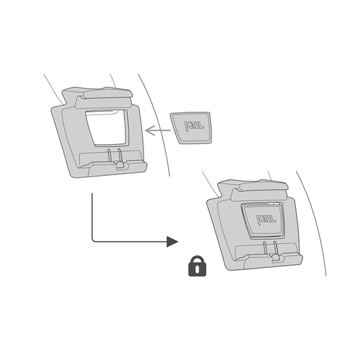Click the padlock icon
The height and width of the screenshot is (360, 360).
point(198,266)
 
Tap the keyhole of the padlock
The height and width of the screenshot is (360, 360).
point(198,269)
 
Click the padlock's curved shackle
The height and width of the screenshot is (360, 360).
point(198,258)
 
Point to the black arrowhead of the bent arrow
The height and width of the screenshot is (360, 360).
point(172,241)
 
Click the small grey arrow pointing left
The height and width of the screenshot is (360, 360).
point(157,130)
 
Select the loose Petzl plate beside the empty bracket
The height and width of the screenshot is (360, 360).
point(191,128)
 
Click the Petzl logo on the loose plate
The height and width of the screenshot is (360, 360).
point(194,126)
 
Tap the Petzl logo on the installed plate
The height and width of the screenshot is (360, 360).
point(266,219)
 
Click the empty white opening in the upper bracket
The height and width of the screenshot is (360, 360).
point(107,128)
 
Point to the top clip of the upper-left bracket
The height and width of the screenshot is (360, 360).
point(104,98)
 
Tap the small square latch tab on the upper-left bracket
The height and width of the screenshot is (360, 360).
point(120,165)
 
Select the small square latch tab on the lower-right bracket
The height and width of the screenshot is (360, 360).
point(276,258)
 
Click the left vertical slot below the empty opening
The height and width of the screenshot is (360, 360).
point(109,155)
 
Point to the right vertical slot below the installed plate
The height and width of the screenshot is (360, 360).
point(276,247)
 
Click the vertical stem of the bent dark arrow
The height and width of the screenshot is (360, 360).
point(92,216)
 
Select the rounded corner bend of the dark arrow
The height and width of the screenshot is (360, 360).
point(93,240)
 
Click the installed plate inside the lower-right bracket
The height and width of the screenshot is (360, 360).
point(262,221)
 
